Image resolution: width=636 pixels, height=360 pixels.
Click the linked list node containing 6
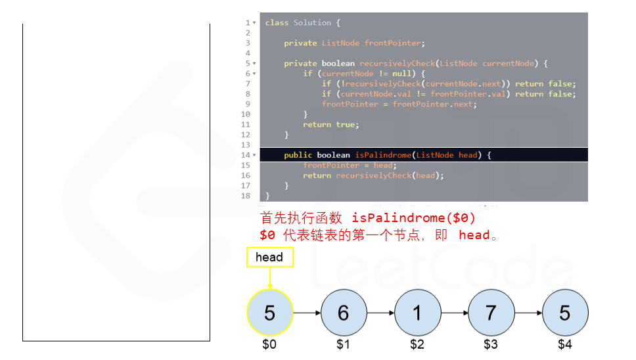click(x=343, y=313)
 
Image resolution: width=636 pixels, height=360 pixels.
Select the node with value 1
click(x=417, y=313)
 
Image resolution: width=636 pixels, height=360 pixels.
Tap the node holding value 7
click(x=491, y=313)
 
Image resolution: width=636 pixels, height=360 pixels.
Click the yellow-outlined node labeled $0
click(x=269, y=313)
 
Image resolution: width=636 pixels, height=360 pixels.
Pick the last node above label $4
click(x=564, y=313)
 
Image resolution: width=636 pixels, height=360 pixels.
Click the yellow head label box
click(x=269, y=258)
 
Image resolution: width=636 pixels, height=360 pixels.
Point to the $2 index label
click(x=417, y=344)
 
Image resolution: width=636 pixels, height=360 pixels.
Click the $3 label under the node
click(x=491, y=344)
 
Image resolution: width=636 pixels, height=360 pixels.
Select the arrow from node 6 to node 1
click(x=380, y=313)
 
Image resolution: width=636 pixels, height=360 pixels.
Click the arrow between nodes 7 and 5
click(x=528, y=313)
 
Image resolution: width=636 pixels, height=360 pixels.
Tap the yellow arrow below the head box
click(x=269, y=278)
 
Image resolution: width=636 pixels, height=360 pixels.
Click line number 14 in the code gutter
click(x=246, y=155)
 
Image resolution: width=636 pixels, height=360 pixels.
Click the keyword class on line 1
click(x=277, y=23)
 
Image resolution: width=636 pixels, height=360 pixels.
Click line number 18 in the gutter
click(x=246, y=196)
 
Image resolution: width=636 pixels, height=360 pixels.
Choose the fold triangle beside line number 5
click(x=254, y=64)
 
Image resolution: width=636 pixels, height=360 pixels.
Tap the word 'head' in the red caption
click(x=474, y=235)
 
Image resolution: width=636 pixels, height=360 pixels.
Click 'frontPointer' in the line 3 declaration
click(x=392, y=43)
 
